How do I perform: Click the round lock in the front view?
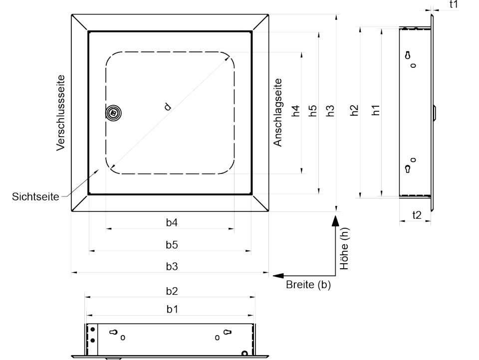[114, 113]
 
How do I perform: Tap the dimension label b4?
[172, 222]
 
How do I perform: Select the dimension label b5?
[172, 245]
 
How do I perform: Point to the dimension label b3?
[172, 266]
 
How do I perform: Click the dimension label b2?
[172, 291]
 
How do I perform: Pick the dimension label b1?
[172, 309]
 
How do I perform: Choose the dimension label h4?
[296, 111]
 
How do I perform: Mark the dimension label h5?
[313, 111]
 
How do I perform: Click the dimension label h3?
[330, 111]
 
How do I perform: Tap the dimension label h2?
[354, 110]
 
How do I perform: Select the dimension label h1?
[375, 110]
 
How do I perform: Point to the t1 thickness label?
[454, 4]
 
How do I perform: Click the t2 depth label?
[417, 215]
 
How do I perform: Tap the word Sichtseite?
[35, 196]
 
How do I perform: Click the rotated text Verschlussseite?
[61, 113]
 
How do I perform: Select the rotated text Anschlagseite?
[277, 112]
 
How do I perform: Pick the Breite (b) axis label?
[308, 285]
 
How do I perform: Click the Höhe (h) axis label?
[344, 248]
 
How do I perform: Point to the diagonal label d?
[168, 107]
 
